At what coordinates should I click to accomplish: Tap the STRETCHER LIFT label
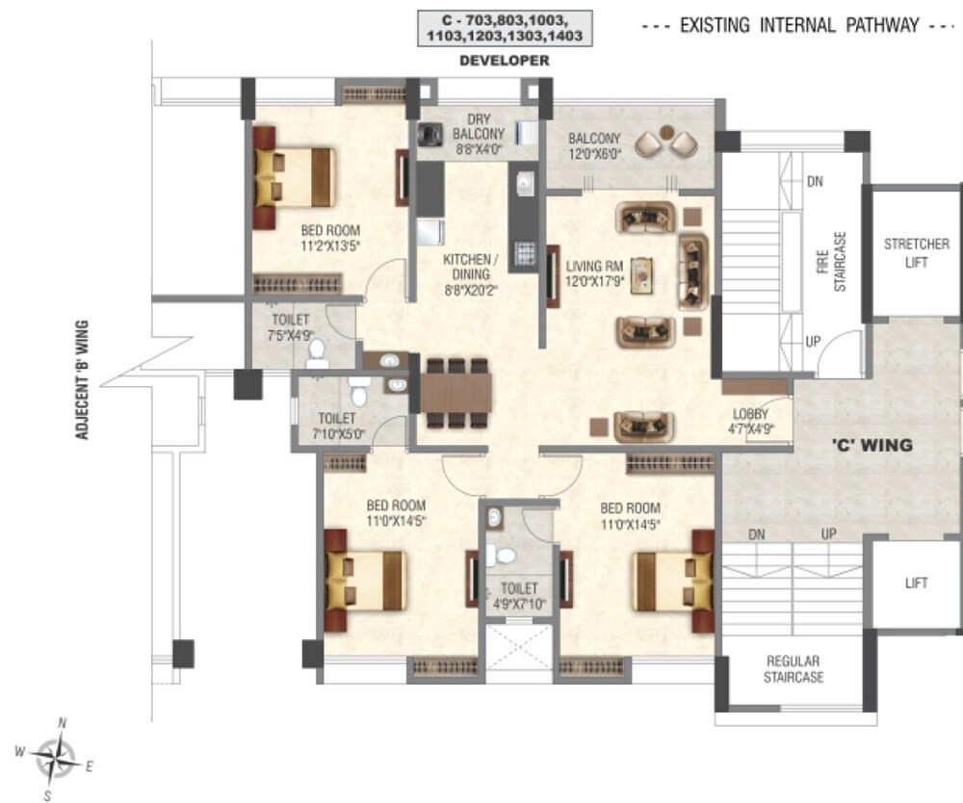coord(916,253)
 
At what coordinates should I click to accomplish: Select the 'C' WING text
coord(872,446)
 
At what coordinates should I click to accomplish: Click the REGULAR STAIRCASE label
coord(793,669)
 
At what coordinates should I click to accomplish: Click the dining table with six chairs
coord(455,393)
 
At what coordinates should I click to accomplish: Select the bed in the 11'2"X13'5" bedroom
coord(294,177)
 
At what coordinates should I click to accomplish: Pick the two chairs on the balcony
coord(668,142)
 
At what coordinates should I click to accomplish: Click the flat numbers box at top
coord(505,28)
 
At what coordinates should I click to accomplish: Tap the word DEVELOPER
coord(505,61)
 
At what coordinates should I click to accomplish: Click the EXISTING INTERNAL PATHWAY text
coord(799,26)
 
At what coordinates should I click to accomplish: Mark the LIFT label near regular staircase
coord(916,583)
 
